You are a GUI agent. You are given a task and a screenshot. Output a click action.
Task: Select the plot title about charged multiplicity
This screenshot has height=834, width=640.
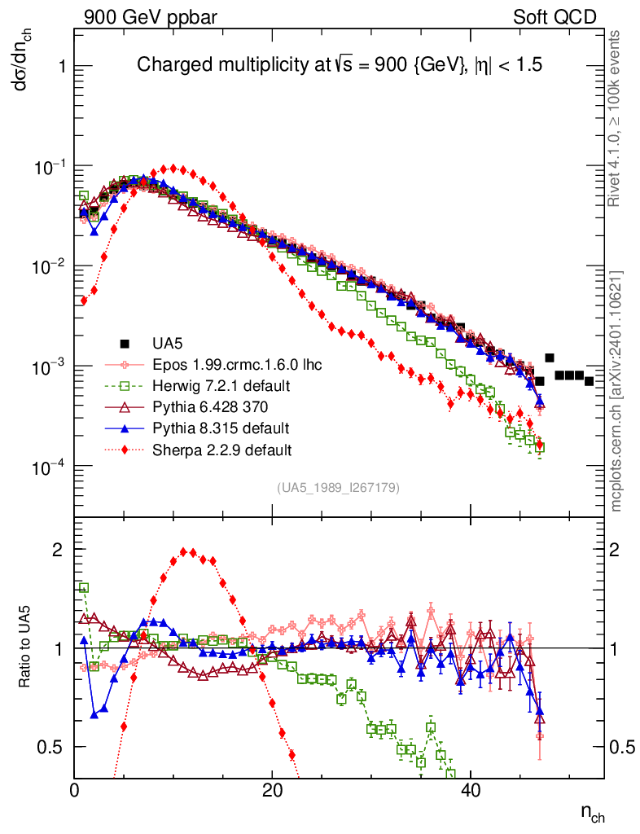coord(339,65)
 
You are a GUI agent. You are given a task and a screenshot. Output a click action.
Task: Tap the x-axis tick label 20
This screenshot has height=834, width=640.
coord(272,791)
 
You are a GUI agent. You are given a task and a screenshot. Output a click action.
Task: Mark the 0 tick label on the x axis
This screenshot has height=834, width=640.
coord(75,791)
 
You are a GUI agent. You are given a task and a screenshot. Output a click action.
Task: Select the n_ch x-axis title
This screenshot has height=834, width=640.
coord(592,813)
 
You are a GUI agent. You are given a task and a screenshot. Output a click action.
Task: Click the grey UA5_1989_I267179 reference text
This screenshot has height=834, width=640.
coord(337,488)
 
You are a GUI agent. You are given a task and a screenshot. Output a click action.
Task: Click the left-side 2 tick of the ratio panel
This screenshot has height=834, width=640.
coord(59,549)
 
